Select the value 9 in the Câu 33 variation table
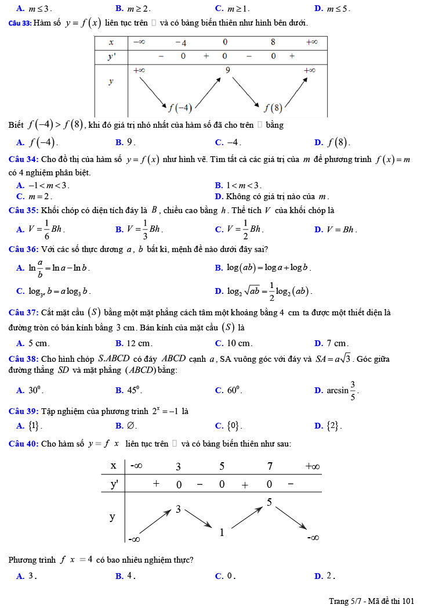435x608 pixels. (x=228, y=70)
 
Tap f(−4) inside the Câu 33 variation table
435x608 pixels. (x=180, y=107)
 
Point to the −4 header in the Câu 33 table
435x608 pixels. (x=180, y=42)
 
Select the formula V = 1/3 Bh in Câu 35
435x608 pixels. (x=140, y=229)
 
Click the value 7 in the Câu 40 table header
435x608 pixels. (x=270, y=466)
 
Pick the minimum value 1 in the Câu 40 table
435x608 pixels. (x=222, y=532)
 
